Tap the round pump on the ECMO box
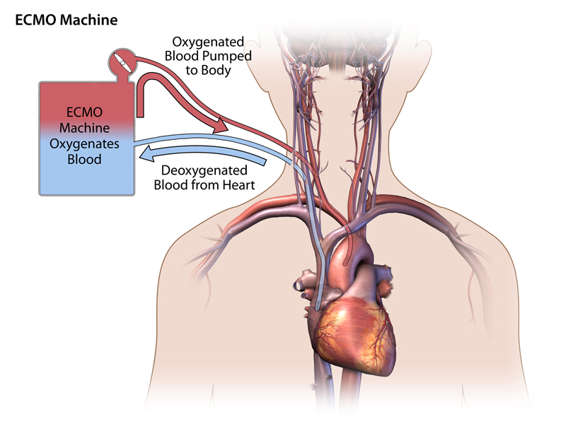click(121, 61)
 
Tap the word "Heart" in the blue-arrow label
click(237, 186)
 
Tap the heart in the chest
click(354, 325)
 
